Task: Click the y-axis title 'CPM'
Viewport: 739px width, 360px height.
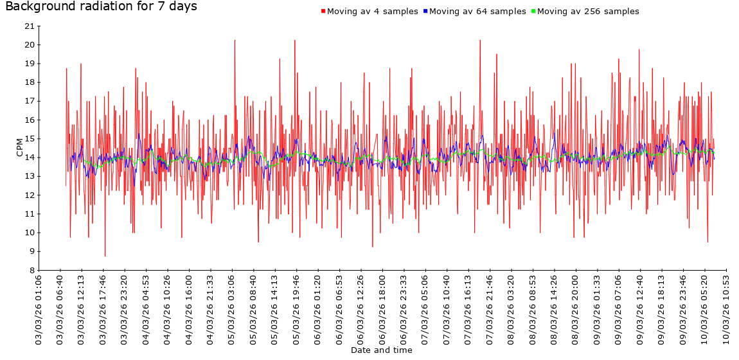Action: click(x=19, y=147)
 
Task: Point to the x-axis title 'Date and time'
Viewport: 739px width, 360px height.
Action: click(x=382, y=350)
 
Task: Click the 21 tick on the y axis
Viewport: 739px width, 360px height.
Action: click(x=29, y=26)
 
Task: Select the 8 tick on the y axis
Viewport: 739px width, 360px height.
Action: click(x=31, y=270)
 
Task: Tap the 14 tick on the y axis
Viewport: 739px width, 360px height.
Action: click(x=29, y=157)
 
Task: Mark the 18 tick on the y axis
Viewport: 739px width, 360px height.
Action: click(x=29, y=82)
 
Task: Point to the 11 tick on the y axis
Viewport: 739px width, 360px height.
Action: click(x=29, y=214)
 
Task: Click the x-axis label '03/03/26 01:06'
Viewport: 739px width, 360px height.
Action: click(x=39, y=309)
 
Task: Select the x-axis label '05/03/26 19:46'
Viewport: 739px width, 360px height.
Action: click(x=296, y=309)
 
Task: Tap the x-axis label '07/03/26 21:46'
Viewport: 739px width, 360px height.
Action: click(x=490, y=309)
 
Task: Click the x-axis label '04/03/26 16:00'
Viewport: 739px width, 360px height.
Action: click(x=189, y=309)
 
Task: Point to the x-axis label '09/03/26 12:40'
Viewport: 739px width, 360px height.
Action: click(x=640, y=309)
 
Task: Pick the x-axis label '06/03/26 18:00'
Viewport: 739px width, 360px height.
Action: click(x=382, y=309)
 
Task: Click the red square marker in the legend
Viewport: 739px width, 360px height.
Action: click(x=323, y=12)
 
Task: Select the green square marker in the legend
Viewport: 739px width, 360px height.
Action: click(x=533, y=12)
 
